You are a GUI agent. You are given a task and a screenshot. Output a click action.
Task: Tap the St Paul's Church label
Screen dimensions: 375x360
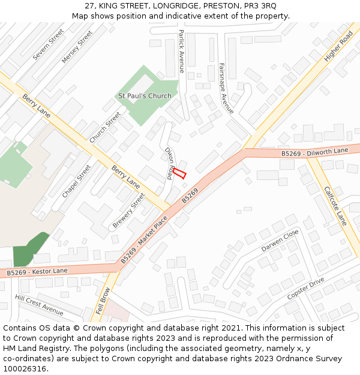pyautogui.click(x=144, y=96)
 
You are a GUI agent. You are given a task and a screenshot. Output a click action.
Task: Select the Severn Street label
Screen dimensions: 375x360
pyautogui.click(x=48, y=44)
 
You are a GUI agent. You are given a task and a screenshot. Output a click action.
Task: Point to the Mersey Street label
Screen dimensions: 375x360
pyautogui.click(x=77, y=47)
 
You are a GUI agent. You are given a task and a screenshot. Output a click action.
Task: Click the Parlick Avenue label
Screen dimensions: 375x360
pyautogui.click(x=181, y=51)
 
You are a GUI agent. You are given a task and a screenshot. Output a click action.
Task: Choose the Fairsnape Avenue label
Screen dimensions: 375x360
pyautogui.click(x=226, y=88)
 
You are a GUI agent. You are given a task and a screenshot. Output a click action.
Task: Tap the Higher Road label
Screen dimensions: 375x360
pyautogui.click(x=338, y=46)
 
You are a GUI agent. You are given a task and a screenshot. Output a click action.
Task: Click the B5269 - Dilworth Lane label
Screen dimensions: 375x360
pyautogui.click(x=314, y=152)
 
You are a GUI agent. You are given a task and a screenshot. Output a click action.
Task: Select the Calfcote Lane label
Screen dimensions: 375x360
pyautogui.click(x=335, y=206)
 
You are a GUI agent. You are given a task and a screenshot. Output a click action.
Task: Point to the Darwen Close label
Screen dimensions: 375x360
pyautogui.click(x=280, y=241)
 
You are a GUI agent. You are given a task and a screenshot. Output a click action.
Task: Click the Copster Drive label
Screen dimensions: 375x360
pyautogui.click(x=305, y=289)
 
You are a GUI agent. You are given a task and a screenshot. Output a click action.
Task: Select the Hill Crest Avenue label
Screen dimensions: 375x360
pyautogui.click(x=39, y=305)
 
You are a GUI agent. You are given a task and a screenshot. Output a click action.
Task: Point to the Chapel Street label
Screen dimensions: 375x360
pyautogui.click(x=76, y=181)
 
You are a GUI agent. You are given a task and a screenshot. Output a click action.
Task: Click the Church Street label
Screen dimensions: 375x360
pyautogui.click(x=105, y=127)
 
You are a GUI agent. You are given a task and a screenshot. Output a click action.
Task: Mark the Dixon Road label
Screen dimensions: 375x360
pyautogui.click(x=169, y=163)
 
